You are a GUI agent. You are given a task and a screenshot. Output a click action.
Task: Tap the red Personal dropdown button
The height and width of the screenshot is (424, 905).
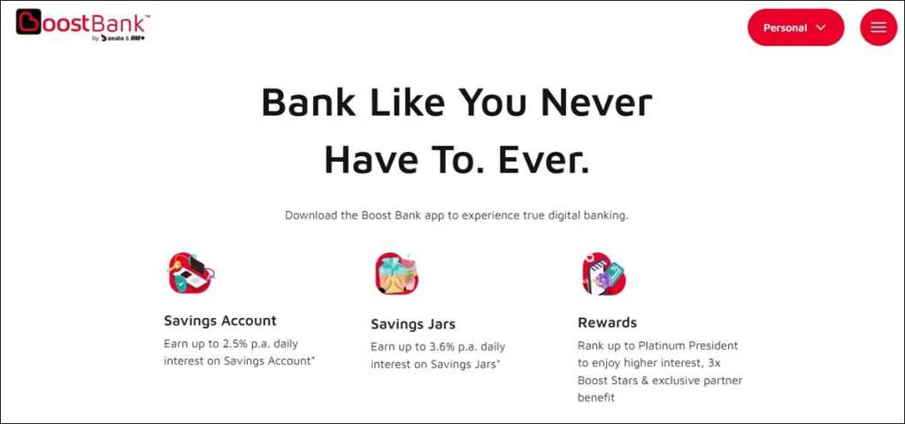[x=795, y=27]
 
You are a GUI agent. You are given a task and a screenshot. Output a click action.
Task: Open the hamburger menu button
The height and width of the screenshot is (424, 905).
[x=878, y=27]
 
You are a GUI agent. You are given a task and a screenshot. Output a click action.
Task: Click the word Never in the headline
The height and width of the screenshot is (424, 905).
[x=596, y=103]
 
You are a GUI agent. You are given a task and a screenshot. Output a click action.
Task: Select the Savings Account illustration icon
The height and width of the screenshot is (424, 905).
[x=191, y=273]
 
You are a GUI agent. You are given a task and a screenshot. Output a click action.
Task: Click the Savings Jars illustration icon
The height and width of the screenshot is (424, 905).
[x=396, y=274]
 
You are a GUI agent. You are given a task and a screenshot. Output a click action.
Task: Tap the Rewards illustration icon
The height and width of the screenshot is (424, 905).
[x=603, y=274]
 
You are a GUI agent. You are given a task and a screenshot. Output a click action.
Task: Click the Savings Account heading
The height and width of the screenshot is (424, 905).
[x=220, y=321]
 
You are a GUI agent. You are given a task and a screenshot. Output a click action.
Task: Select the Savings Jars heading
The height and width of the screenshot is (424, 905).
[x=412, y=324]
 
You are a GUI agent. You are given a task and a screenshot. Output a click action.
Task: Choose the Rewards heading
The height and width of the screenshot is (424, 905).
[x=607, y=322]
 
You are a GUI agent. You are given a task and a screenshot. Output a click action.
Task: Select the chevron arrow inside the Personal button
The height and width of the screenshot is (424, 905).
[x=821, y=27]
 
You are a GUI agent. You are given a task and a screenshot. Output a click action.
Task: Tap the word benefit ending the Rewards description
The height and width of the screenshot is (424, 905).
[x=596, y=397]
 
